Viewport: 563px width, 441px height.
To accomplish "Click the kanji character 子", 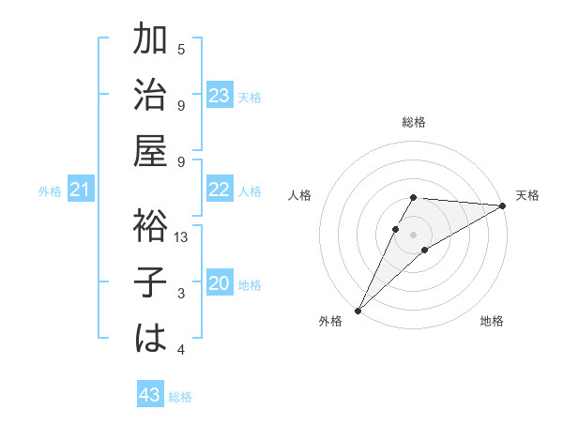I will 151,282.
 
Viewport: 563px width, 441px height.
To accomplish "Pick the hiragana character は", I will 151,338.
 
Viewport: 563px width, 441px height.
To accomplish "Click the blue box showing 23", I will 220,96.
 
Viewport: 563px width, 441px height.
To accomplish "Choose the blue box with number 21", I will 81,190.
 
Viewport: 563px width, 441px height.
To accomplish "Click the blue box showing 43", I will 150,395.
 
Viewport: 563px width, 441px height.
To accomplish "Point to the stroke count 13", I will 182,238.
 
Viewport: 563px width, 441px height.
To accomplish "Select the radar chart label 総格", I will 414,122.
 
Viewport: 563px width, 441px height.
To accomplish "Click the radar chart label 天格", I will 527,195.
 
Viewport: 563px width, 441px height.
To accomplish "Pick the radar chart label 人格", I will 300,195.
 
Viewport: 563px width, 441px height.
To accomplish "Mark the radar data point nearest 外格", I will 358,310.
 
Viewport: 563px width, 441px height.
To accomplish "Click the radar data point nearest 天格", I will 503,205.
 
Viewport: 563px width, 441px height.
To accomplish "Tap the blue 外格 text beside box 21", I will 50,191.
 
